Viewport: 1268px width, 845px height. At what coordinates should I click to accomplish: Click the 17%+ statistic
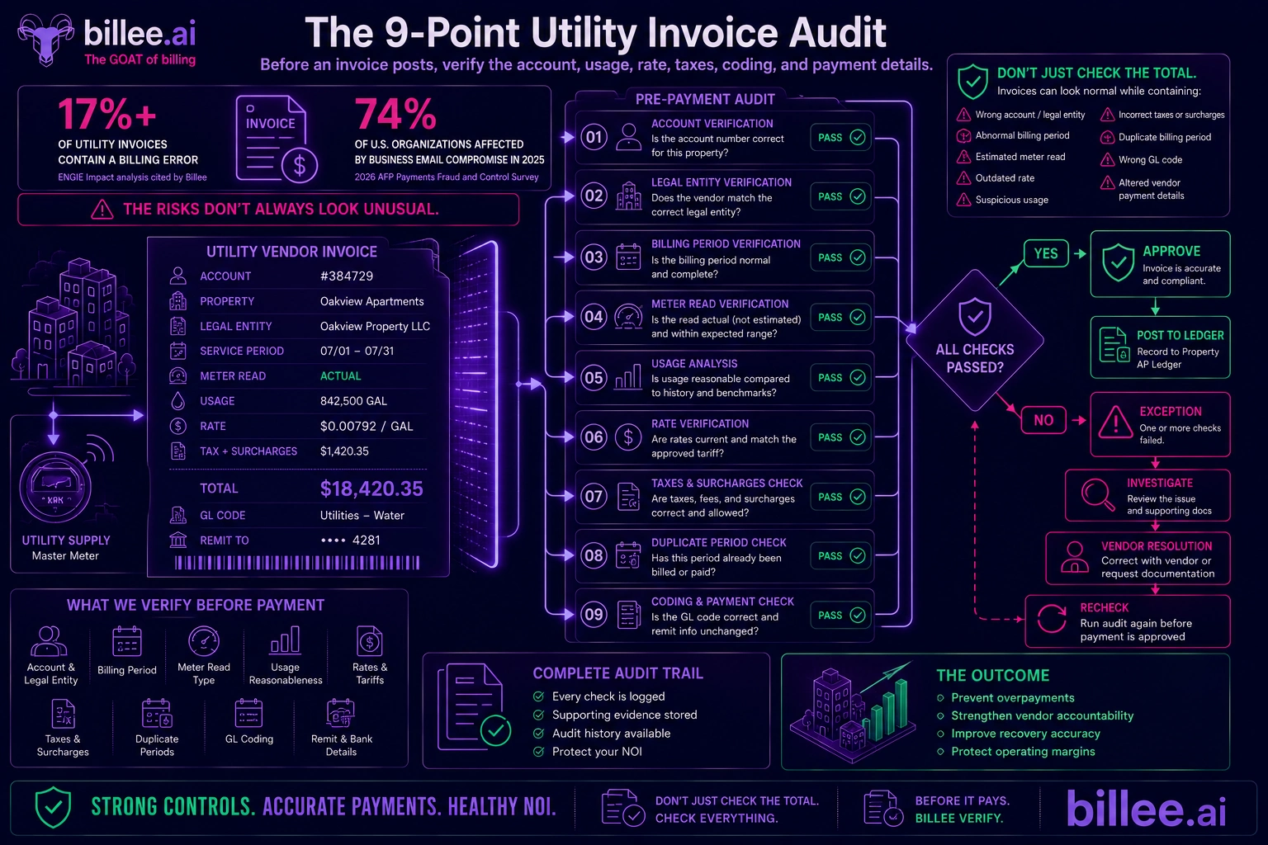(x=107, y=115)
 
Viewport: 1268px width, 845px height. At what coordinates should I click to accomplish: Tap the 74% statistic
(x=395, y=115)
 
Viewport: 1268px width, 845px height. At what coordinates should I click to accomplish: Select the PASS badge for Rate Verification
(x=840, y=437)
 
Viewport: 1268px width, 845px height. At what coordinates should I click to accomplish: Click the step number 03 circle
(x=594, y=257)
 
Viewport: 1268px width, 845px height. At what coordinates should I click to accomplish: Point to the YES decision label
(x=1046, y=253)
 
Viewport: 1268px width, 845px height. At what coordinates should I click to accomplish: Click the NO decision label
(x=1043, y=420)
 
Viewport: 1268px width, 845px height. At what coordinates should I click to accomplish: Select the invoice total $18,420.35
(x=371, y=489)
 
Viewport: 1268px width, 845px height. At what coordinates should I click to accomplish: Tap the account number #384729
(x=347, y=276)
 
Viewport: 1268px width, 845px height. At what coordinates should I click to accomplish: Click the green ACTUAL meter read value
(x=341, y=375)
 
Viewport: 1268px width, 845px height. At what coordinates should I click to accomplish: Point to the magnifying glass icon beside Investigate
(x=1097, y=494)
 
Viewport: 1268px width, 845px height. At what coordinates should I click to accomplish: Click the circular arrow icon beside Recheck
(x=1052, y=619)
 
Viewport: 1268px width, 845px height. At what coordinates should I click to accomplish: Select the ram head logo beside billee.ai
(x=45, y=39)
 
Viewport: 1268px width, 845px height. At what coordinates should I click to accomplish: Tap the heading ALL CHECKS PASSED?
(x=975, y=358)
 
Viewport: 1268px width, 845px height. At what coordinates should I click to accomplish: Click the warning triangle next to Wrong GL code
(x=1107, y=159)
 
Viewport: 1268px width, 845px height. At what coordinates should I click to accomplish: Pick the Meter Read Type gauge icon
(x=204, y=641)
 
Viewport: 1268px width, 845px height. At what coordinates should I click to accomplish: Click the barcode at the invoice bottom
(x=297, y=563)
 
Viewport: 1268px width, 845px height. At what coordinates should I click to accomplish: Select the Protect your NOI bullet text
(x=597, y=752)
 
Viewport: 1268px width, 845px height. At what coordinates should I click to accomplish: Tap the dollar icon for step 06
(x=627, y=437)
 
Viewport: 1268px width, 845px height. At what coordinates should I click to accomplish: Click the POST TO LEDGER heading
(x=1180, y=335)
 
